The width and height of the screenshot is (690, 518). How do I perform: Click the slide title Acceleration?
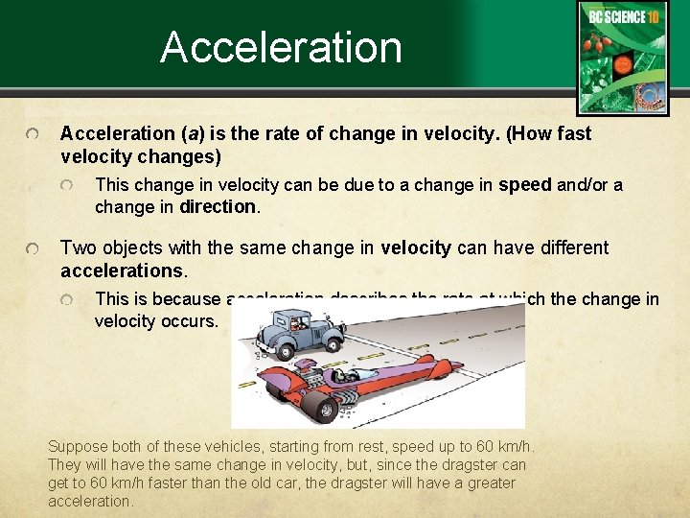[281, 47]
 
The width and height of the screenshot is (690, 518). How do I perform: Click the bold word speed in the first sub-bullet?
[525, 185]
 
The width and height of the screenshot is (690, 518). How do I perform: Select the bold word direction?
[218, 207]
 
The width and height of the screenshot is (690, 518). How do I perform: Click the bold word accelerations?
[122, 270]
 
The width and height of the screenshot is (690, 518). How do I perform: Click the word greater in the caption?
[488, 483]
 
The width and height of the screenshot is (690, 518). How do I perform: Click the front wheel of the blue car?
[335, 349]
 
